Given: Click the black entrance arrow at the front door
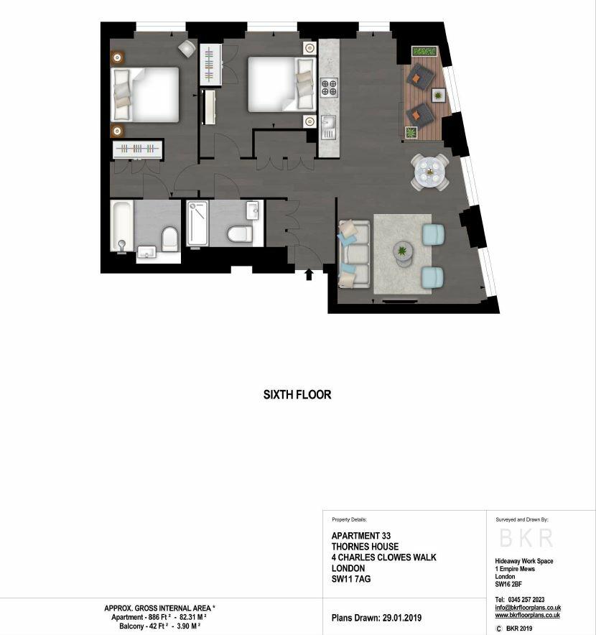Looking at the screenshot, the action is (x=309, y=275).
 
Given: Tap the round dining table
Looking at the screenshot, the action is (x=429, y=172).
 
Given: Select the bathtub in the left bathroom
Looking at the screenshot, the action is (x=122, y=226).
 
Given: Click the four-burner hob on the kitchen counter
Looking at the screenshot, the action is (x=329, y=88).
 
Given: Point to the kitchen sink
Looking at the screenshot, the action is (x=328, y=126).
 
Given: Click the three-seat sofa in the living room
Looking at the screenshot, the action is (x=354, y=254).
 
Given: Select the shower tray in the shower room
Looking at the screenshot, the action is (x=197, y=223).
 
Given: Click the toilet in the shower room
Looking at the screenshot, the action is (x=240, y=233).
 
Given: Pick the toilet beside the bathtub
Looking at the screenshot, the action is (x=169, y=238).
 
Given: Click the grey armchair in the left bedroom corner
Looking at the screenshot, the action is (x=187, y=49).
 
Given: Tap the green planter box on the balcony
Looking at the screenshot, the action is (x=424, y=52).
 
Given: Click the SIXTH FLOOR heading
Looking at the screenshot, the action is (x=297, y=394).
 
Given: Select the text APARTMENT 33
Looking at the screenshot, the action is (x=361, y=536).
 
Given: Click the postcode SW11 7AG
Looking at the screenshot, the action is (x=351, y=579).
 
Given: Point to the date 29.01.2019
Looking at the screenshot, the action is (x=401, y=618).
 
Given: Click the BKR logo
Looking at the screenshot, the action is (x=526, y=538).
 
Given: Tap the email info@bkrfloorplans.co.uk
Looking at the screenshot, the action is (x=528, y=608).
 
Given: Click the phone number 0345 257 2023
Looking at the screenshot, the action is (x=526, y=600).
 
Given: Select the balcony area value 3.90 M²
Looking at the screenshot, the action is (x=189, y=626).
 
